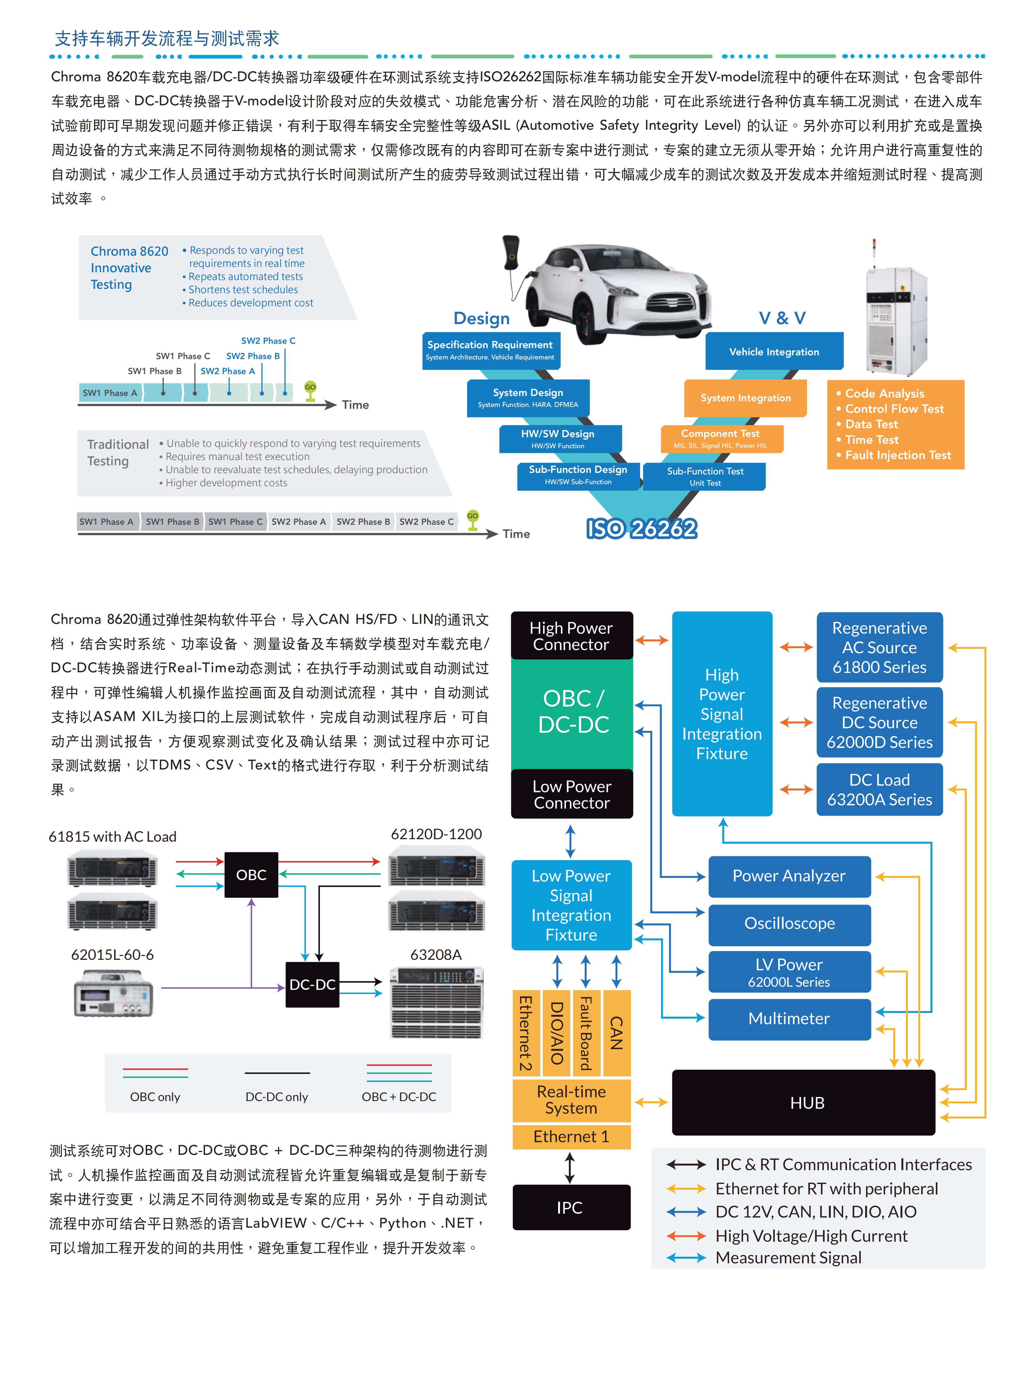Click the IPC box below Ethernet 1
[570, 1207]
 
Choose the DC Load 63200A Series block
[879, 789]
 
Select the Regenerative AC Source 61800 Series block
[879, 647]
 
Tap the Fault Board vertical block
[586, 1032]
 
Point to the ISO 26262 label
[641, 529]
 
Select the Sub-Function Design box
[578, 475]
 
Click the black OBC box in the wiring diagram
[251, 874]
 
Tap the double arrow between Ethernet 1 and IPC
[570, 1167]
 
